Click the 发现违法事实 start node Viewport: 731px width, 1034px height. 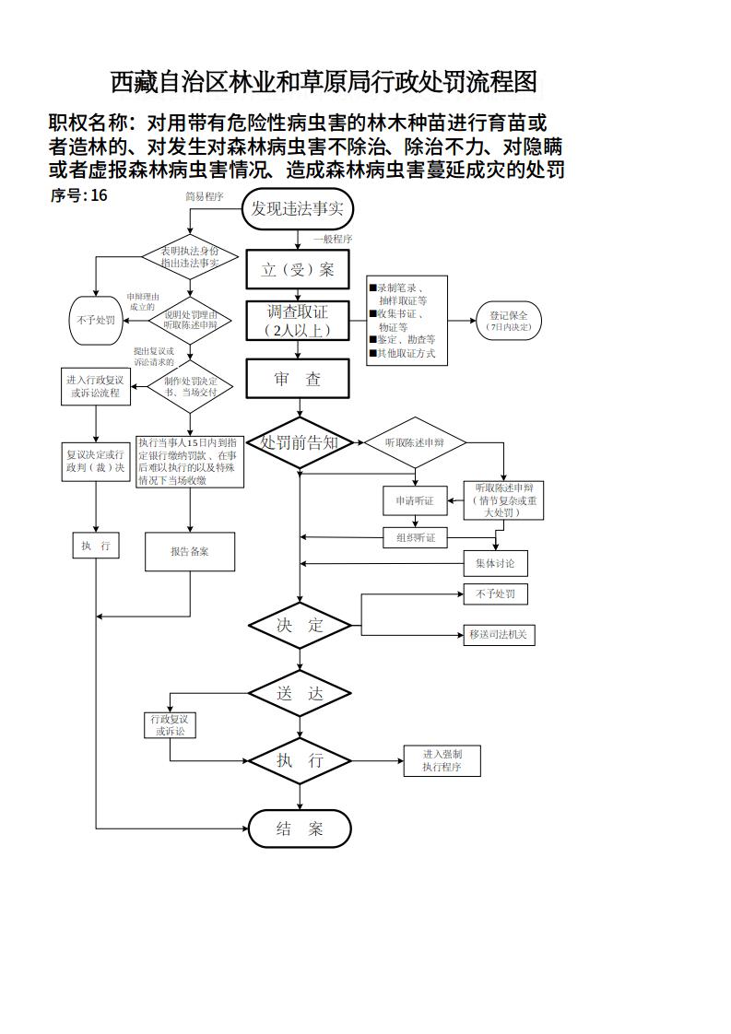click(297, 209)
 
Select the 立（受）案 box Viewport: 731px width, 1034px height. click(298, 270)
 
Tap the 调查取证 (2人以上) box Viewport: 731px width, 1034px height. click(298, 321)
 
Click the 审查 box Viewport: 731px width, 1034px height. click(298, 379)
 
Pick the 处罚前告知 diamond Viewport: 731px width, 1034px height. click(300, 443)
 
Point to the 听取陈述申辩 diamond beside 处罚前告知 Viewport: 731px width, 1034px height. click(414, 443)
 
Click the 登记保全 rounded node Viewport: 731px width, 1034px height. click(508, 321)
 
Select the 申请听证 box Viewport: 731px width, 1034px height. click(415, 500)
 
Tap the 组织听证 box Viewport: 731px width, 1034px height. click(415, 537)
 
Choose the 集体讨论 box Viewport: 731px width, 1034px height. click(495, 563)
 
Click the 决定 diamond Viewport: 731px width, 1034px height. click(300, 626)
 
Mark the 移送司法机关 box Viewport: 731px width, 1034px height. click(499, 634)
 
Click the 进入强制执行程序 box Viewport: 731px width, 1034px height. click(442, 760)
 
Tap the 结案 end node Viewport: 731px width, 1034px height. click(300, 828)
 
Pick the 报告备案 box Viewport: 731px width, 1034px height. click(190, 552)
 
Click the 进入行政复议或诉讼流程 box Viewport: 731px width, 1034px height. click(96, 386)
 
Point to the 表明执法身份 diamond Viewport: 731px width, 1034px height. click(190, 257)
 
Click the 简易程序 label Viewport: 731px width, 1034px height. click(205, 196)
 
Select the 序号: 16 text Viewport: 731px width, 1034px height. click(78, 195)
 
